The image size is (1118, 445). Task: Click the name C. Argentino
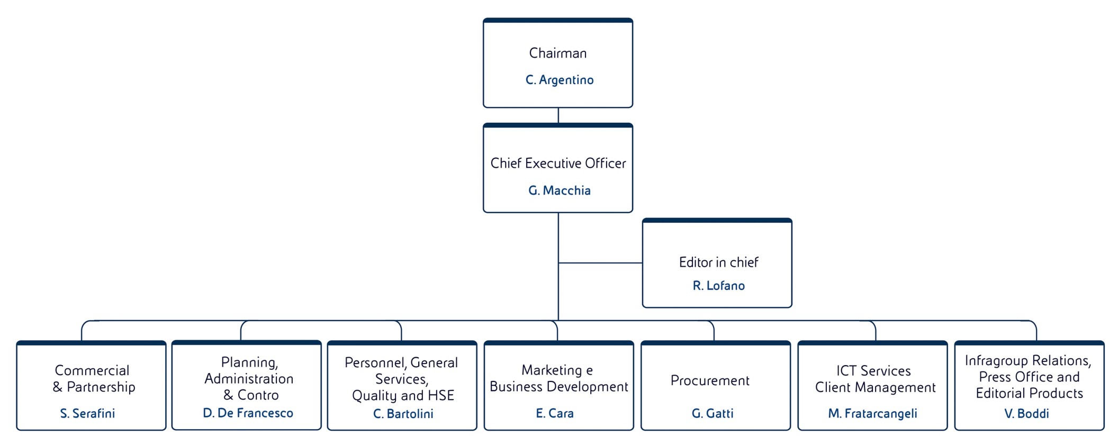pos(559,80)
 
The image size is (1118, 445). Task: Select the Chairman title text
pos(558,53)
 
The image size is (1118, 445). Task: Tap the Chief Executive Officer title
pos(558,164)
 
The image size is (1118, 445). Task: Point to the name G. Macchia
pos(559,190)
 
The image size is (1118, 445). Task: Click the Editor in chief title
pos(718,262)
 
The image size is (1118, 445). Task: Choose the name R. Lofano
pos(718,286)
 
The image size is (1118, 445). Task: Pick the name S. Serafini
pos(87,413)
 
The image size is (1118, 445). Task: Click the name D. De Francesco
pos(248,413)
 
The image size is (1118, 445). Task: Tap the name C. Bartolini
pos(403,414)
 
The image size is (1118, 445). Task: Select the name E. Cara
pos(554,413)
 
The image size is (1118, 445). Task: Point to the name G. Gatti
pos(713,413)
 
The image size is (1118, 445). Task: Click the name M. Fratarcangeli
pos(872,413)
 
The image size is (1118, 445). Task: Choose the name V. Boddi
pos(1026,413)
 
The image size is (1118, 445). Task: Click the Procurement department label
pos(710,380)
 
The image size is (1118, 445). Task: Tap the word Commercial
pos(92,370)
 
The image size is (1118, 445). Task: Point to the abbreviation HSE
pos(441,395)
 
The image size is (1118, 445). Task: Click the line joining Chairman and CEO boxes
pos(558,115)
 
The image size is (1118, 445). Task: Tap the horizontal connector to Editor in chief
pos(600,262)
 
